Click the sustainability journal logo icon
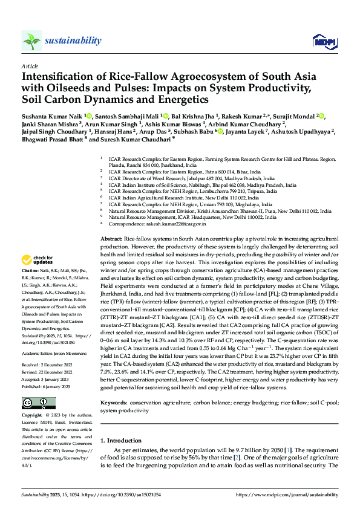pos(31,41)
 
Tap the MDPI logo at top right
pos(322,41)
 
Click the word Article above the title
pos(29,65)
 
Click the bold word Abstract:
pos(112,240)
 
